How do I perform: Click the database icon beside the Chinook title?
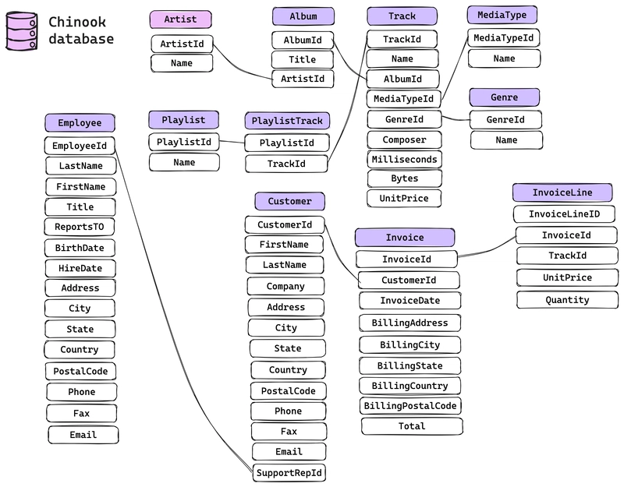[21, 31]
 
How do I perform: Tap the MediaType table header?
[502, 15]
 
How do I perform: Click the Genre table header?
[505, 97]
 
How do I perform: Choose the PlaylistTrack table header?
[287, 121]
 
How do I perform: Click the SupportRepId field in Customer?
[289, 472]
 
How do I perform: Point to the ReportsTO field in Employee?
[80, 228]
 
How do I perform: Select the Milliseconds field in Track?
[405, 160]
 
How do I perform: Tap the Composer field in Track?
[404, 140]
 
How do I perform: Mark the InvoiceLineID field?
[564, 214]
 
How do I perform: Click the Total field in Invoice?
[412, 426]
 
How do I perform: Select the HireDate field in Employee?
[80, 268]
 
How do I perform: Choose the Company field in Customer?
[285, 286]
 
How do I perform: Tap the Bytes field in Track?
[404, 179]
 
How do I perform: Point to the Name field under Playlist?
[184, 162]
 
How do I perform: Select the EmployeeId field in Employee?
[80, 146]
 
